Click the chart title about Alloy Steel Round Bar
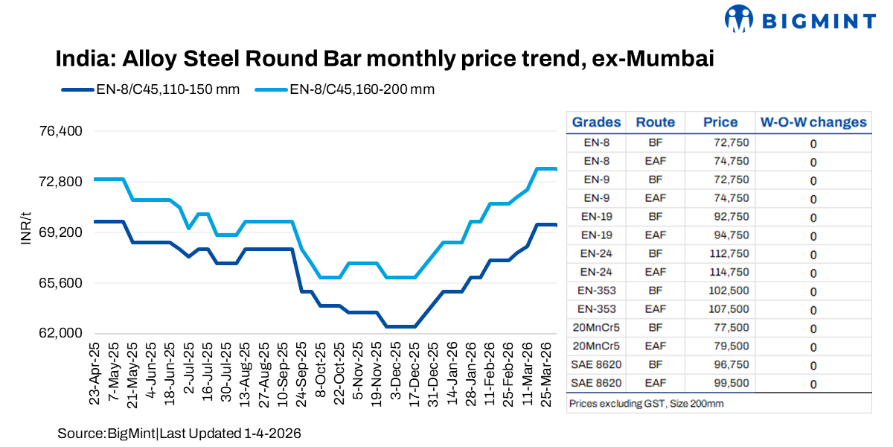(x=385, y=59)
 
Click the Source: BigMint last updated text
(x=179, y=433)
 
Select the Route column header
(x=656, y=122)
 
